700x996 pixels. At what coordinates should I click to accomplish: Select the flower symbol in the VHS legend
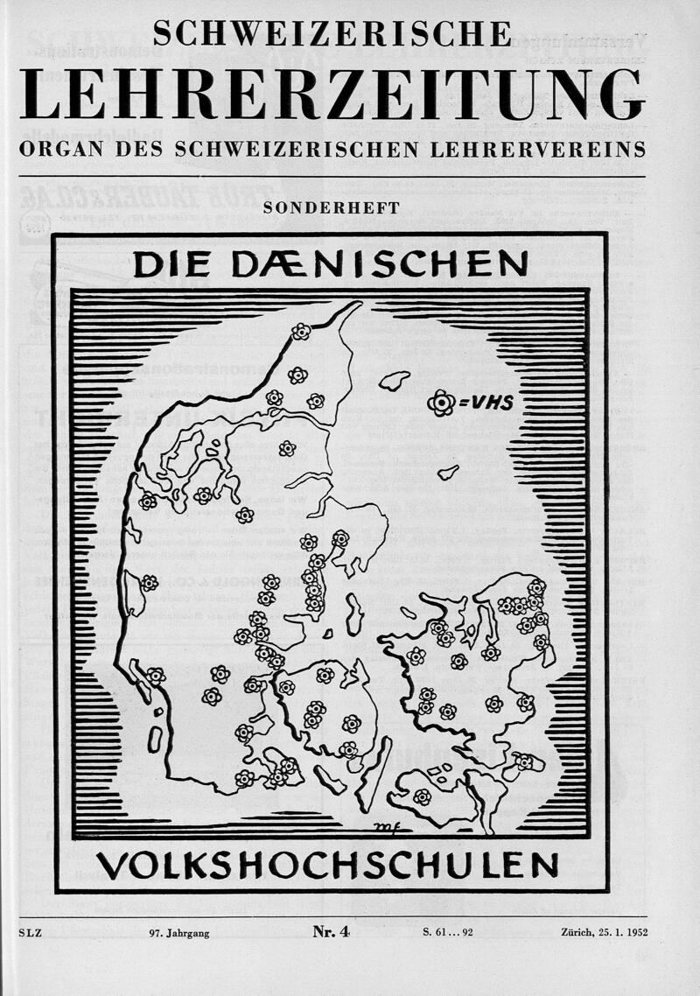tap(442, 403)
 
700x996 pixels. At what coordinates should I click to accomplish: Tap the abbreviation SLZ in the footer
tap(30, 933)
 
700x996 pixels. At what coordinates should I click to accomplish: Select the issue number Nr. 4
tap(331, 932)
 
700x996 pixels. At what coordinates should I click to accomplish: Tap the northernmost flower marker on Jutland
tap(301, 332)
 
